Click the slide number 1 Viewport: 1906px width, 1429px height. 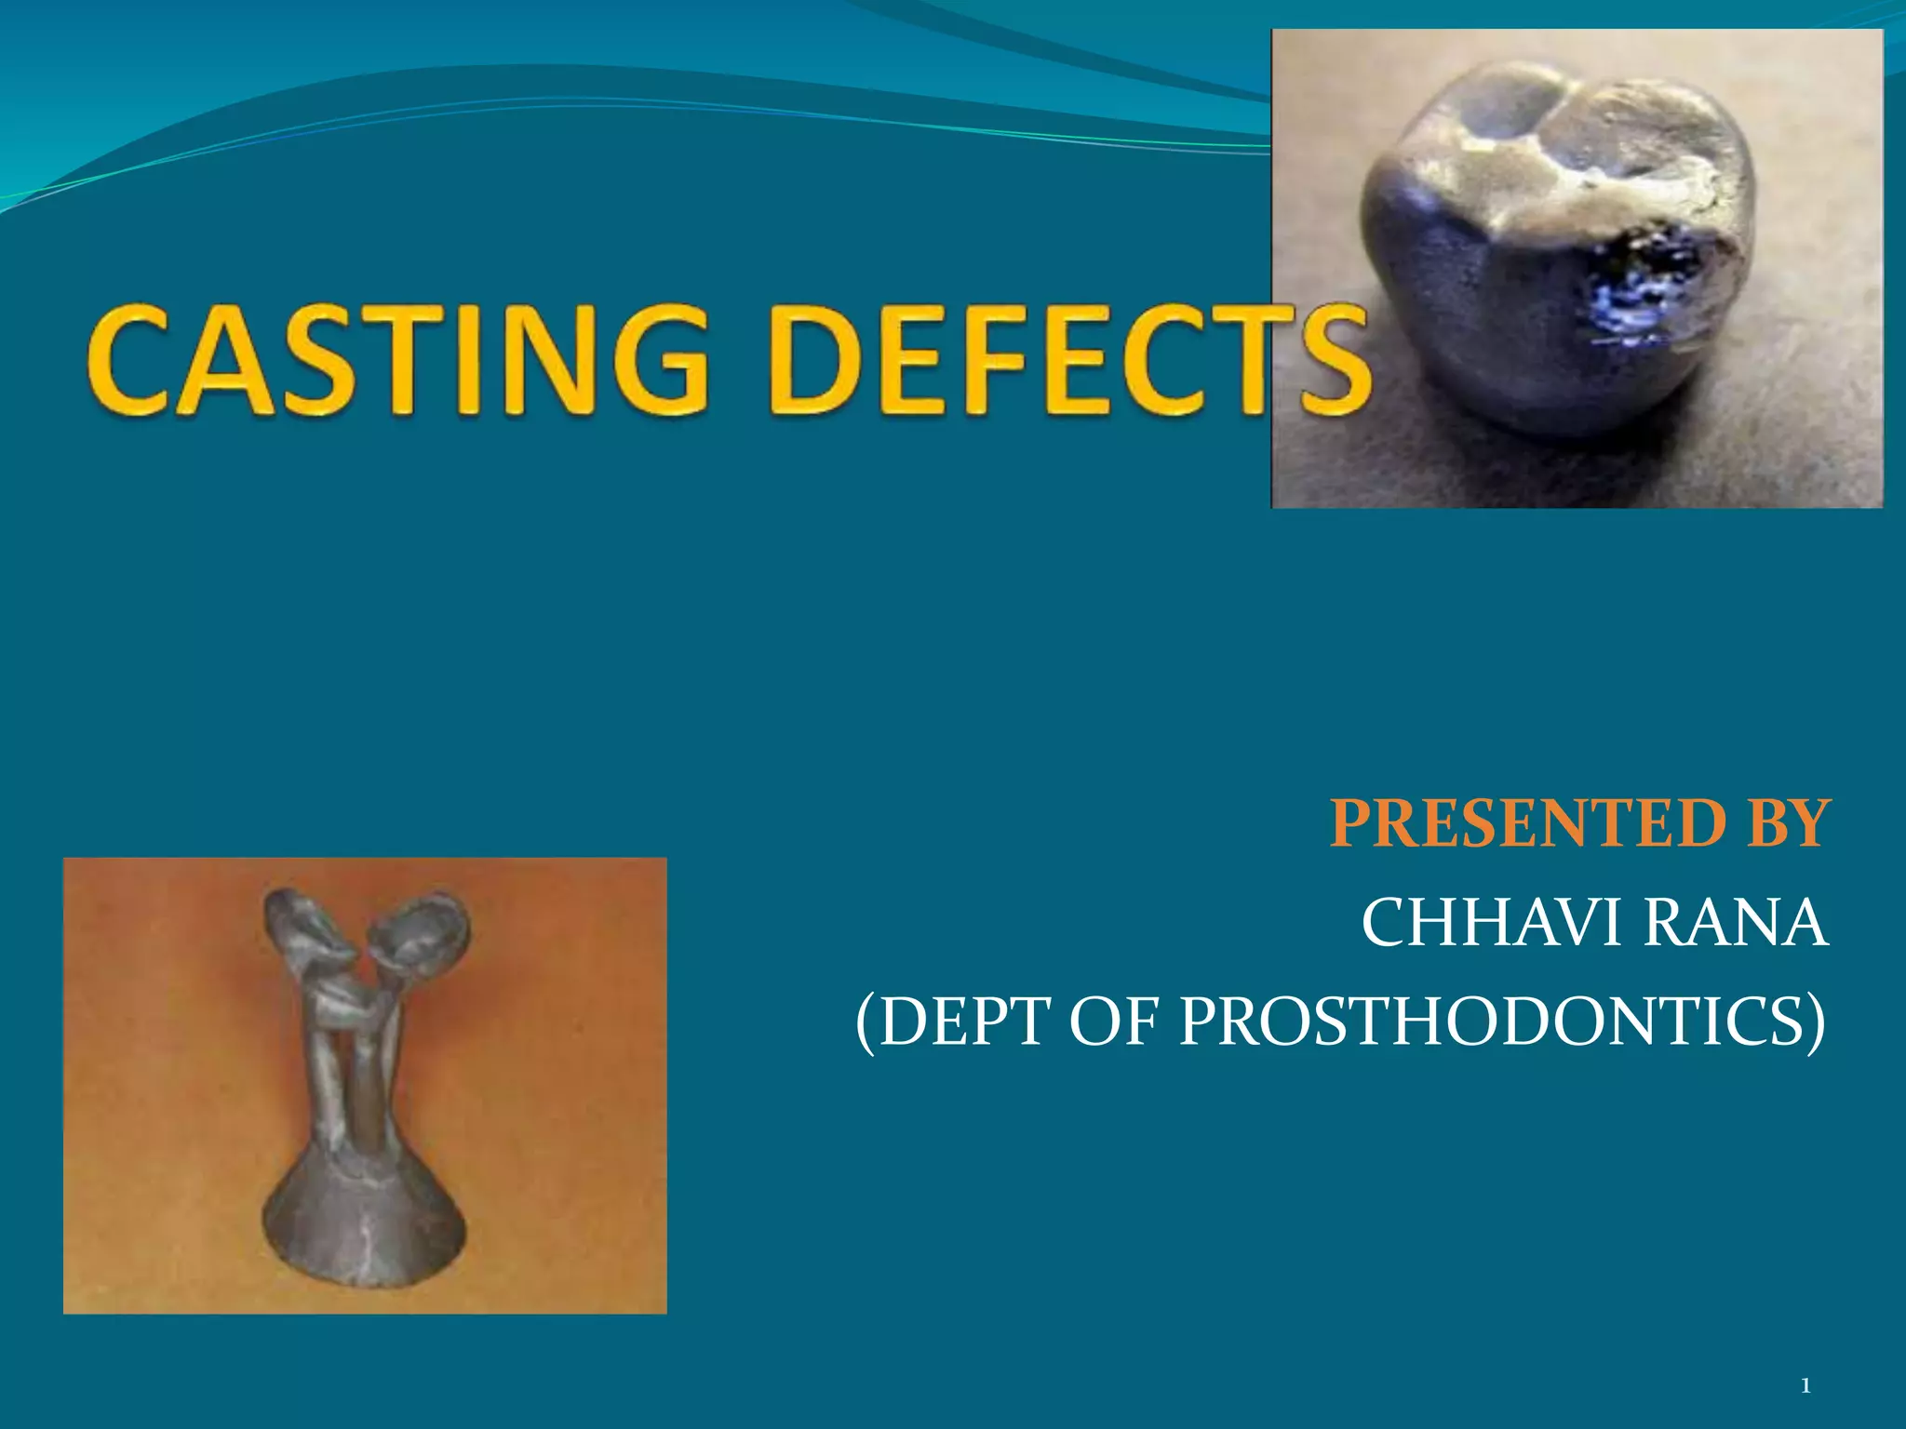coord(1805,1387)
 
